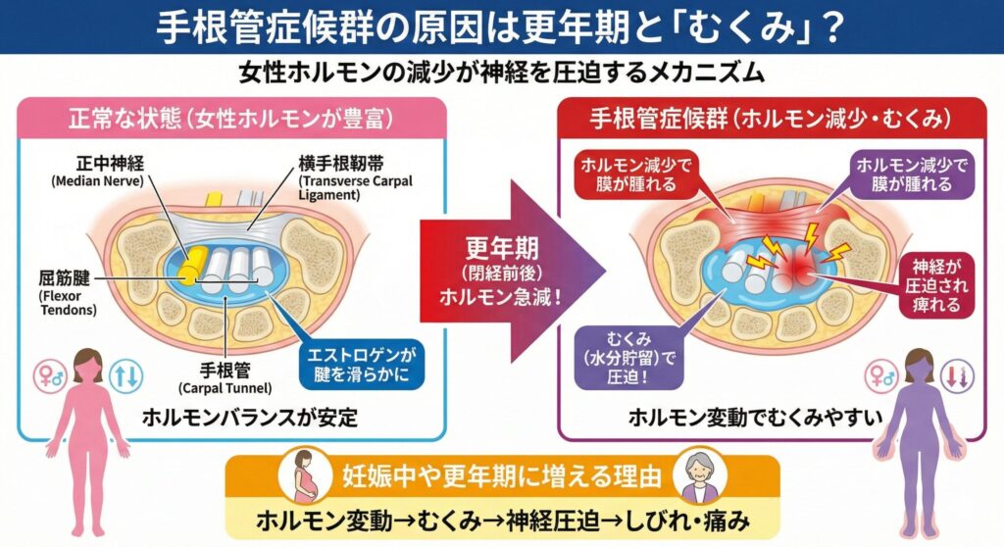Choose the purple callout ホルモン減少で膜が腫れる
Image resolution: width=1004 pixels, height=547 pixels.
(x=911, y=174)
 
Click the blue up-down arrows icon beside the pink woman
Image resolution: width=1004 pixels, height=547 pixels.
(x=129, y=373)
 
